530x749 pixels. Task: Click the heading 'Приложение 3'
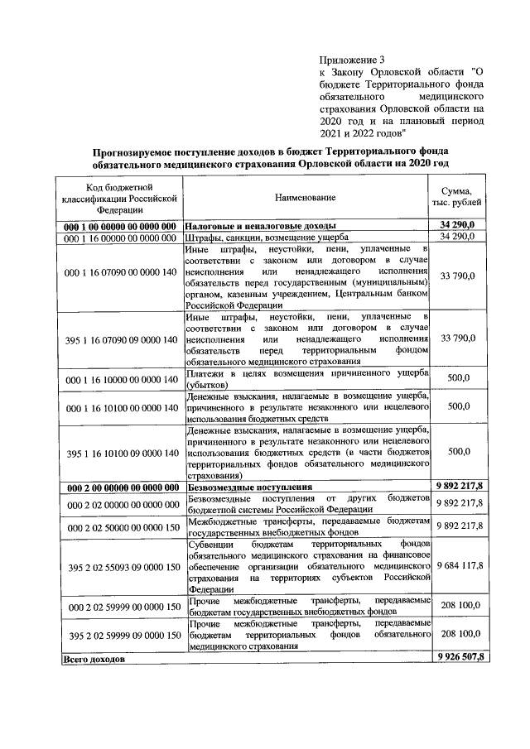coord(352,59)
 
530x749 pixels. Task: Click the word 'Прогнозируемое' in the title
coord(141,150)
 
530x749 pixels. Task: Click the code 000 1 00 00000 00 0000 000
coord(119,226)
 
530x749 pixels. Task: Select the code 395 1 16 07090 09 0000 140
coord(119,339)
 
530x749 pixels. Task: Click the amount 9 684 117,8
coord(458,566)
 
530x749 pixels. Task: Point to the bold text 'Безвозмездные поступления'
coord(248,487)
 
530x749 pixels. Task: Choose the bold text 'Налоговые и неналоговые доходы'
coord(260,226)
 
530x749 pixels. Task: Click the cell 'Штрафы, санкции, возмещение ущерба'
coord(267,238)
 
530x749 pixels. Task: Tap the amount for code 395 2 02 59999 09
coord(458,635)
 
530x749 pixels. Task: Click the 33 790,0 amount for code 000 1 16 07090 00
coord(458,276)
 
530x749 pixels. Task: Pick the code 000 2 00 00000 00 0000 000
coord(119,487)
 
